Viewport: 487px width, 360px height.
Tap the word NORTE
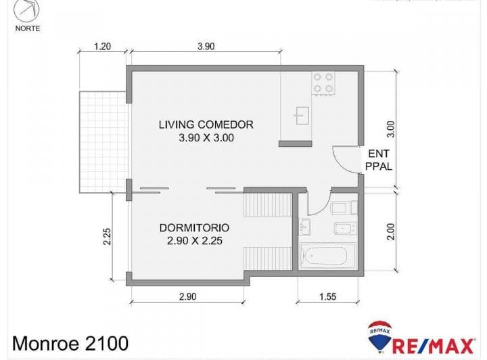point(27,28)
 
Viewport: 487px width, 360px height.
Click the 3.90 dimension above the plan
point(206,46)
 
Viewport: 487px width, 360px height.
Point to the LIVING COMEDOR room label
point(206,125)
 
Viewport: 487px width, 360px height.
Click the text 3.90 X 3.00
point(206,137)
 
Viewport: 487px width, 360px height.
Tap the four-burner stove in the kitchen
point(323,83)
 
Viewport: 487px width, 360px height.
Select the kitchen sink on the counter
point(301,115)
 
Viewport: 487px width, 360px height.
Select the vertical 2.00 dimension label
point(390,232)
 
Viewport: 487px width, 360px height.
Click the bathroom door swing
point(315,203)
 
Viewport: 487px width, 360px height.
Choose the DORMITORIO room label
point(194,227)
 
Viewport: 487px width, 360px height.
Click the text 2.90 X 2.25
point(194,240)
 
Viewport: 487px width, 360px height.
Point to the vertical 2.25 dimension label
point(108,235)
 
